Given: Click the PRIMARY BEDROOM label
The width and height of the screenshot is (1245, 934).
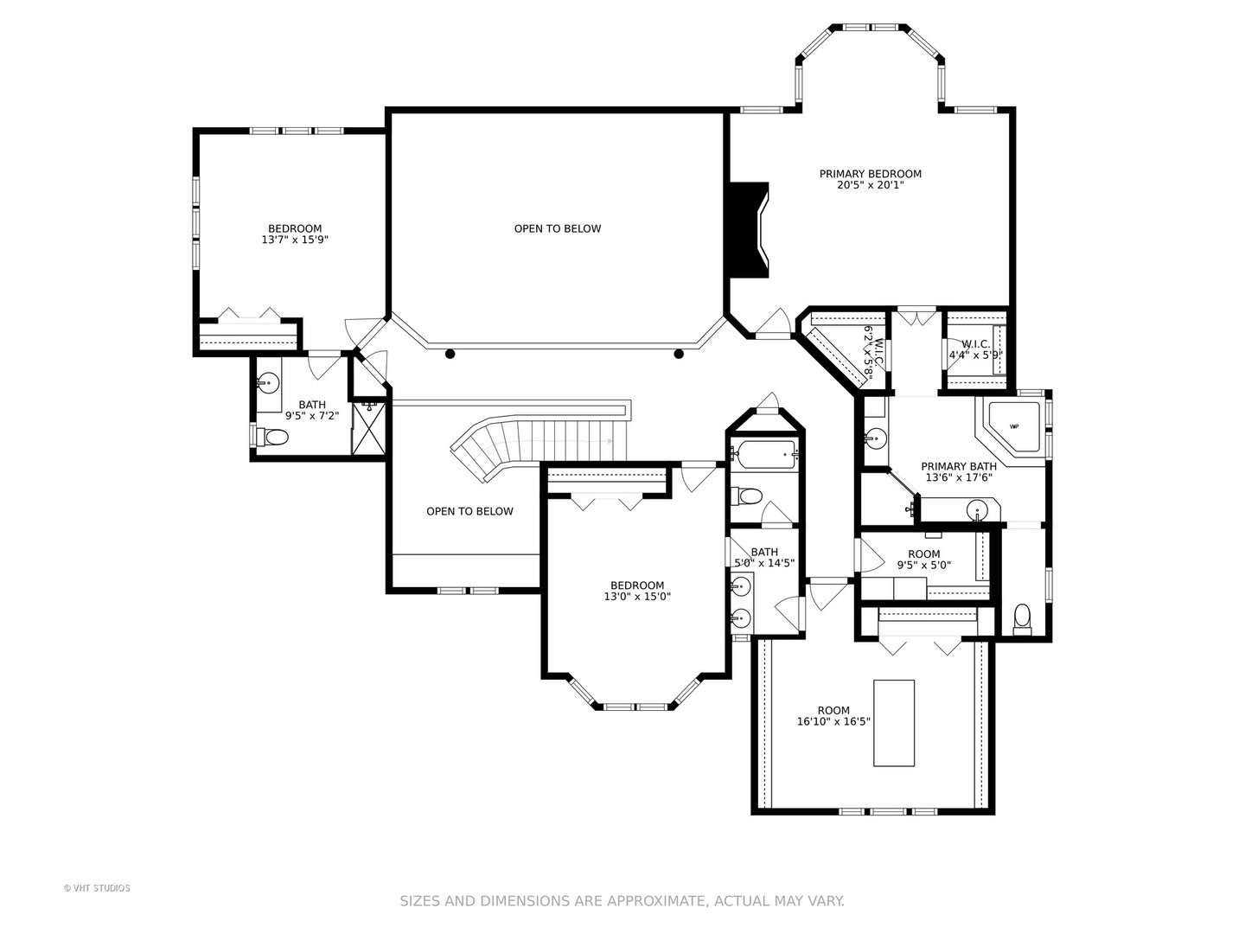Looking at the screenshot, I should click(870, 174).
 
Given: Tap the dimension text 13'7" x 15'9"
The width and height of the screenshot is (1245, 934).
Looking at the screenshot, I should click(294, 240).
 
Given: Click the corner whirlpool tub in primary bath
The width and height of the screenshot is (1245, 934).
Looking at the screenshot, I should click(1012, 428).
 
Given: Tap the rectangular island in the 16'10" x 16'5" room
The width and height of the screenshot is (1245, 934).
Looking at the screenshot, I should click(893, 722).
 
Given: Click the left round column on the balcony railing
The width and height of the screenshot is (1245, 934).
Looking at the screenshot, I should click(450, 354).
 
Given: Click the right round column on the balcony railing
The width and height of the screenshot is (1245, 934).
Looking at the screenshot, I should click(679, 354).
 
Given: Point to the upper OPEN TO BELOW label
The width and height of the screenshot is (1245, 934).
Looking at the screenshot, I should click(557, 229).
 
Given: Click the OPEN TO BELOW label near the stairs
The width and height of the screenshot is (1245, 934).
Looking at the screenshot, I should click(469, 511).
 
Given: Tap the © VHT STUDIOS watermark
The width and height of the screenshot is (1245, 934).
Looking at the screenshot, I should click(97, 888).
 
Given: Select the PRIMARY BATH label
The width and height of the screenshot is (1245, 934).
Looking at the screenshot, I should click(958, 466).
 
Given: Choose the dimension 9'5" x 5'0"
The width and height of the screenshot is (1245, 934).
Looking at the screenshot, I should click(923, 566).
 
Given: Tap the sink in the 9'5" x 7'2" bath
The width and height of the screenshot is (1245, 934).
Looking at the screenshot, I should click(267, 381).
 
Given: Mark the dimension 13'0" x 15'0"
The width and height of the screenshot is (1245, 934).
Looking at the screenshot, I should click(637, 597).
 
